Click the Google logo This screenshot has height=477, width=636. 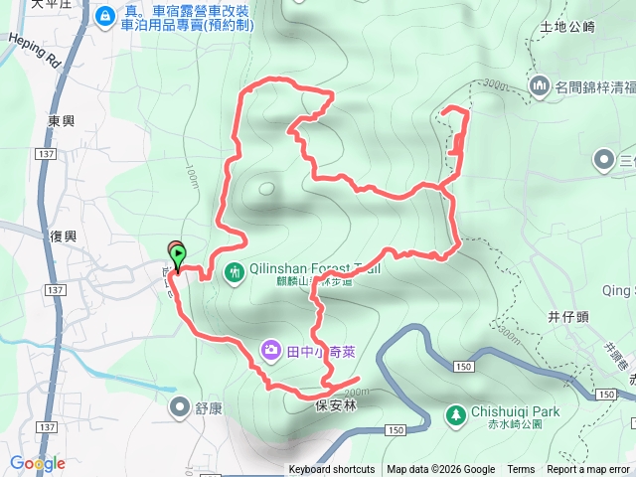(38, 463)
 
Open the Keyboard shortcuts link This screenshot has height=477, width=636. (332, 470)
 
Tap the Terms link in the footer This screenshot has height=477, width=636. (521, 470)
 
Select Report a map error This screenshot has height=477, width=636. (588, 470)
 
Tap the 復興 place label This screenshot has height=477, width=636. (63, 237)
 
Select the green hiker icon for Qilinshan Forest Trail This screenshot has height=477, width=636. (235, 270)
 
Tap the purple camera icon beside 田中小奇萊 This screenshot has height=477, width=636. (270, 349)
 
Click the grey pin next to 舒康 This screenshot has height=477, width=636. (180, 405)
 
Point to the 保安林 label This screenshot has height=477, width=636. (335, 406)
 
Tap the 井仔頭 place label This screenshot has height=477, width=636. (568, 317)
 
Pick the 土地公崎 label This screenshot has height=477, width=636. (565, 27)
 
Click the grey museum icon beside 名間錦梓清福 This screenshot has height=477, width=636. (541, 85)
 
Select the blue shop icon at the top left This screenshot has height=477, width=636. (104, 16)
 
